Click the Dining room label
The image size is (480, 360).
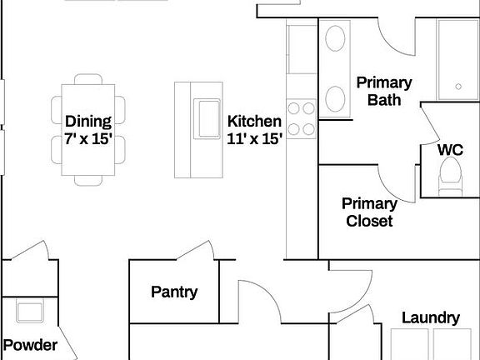point(88,122)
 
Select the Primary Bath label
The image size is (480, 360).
point(384,91)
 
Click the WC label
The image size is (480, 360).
point(450,150)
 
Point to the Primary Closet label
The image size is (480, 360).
point(369,212)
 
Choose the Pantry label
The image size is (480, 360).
point(174,292)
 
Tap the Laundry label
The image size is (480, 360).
point(430,317)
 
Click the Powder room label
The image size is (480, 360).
point(30,345)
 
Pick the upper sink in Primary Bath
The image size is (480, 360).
point(336,41)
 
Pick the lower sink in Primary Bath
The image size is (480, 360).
point(336,99)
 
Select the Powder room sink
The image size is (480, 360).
point(31,312)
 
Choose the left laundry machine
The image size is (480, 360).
point(412,343)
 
